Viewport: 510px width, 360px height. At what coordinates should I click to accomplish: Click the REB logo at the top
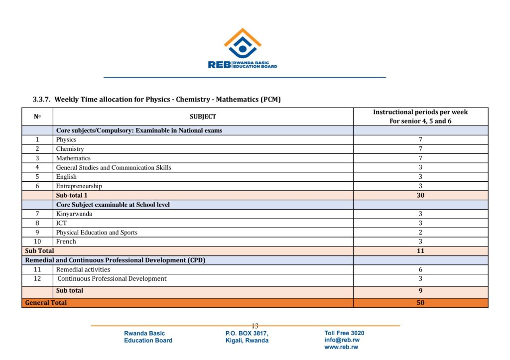(x=243, y=49)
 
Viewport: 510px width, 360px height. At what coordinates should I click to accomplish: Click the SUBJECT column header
(x=203, y=117)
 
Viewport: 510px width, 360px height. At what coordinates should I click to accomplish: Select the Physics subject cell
(x=66, y=140)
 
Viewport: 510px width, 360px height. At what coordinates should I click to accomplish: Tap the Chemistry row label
(x=70, y=149)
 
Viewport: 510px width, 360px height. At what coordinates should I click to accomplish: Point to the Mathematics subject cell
(x=73, y=158)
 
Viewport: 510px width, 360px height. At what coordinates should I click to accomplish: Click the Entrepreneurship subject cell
(x=79, y=186)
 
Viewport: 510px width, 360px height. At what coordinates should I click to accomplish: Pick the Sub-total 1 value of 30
(x=420, y=196)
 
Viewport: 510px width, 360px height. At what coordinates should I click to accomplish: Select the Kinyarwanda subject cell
(x=74, y=214)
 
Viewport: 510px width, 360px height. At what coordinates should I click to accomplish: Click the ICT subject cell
(x=61, y=224)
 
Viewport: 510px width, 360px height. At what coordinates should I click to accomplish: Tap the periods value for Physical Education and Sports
(x=420, y=233)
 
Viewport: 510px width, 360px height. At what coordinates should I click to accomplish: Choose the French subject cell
(x=66, y=241)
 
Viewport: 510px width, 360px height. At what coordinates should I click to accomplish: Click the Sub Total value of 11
(x=420, y=251)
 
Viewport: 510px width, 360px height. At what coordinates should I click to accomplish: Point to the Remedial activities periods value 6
(x=420, y=270)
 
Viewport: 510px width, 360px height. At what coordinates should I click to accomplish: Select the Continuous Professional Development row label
(x=112, y=279)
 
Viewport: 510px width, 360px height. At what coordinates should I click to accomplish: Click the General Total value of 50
(x=420, y=303)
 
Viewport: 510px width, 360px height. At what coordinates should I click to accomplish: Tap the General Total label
(x=46, y=303)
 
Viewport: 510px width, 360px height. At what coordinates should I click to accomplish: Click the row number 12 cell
(x=37, y=279)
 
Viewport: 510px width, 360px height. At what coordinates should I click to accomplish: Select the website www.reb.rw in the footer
(x=342, y=347)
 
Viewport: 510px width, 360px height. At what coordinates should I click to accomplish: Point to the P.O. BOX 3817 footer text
(x=247, y=334)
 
